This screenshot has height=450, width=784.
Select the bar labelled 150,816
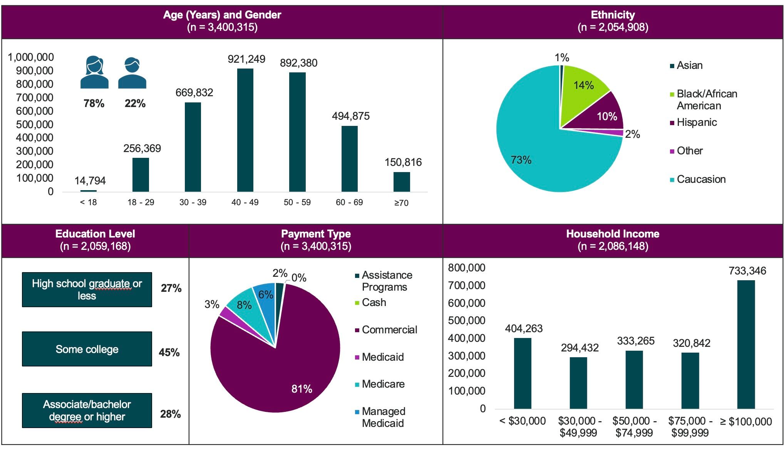(401, 182)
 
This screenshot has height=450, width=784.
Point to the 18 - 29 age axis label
(141, 202)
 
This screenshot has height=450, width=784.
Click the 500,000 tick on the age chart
(35, 124)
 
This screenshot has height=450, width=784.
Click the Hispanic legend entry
(696, 122)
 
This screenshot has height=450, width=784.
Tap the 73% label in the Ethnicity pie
(521, 160)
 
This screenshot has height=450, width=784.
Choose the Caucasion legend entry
(701, 179)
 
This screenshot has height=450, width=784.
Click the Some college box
(87, 349)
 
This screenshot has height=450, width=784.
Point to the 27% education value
(171, 288)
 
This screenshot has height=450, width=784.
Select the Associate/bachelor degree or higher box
(87, 410)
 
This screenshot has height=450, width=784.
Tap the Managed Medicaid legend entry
(383, 417)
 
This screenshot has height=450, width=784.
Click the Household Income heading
(613, 234)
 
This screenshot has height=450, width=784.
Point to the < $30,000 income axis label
(523, 421)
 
